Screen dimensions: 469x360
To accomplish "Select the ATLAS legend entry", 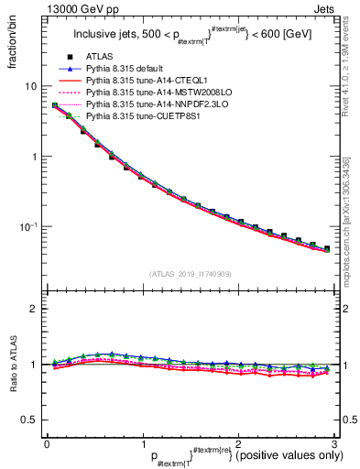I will coord(102,57).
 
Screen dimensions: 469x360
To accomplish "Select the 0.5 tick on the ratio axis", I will coord(30,420).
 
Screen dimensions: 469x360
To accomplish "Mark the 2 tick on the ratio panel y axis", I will coord(35,309).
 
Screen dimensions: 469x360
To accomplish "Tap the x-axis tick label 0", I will coord(47,444).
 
